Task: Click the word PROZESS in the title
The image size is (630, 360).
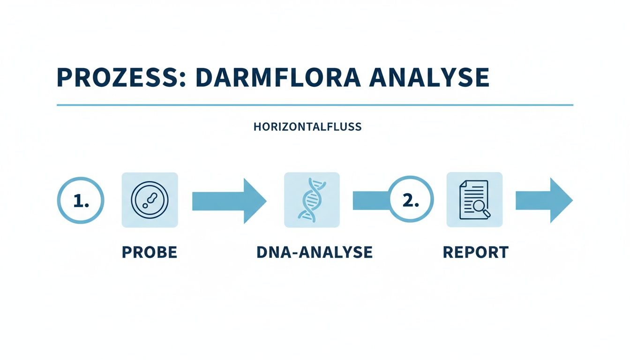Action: coord(117,78)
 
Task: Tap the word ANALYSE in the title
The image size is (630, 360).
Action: coord(429,78)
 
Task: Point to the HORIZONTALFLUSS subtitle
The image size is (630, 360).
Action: coord(307,127)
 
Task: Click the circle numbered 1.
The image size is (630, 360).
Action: coord(80,200)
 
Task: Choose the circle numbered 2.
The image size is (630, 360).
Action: coord(411,200)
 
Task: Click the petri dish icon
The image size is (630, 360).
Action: coord(150,200)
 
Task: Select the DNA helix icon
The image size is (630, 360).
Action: coord(312,200)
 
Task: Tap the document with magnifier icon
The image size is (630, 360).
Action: coord(474,200)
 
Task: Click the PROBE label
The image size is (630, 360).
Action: coord(150,252)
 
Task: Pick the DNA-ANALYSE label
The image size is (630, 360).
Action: coord(315,252)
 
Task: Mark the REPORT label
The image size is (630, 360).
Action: coord(475,252)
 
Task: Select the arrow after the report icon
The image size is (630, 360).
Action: coord(543,200)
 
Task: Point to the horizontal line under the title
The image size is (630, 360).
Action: coord(315,105)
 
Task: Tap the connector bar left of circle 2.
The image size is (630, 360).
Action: coord(370,200)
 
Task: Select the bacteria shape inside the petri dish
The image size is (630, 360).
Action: coord(150,201)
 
